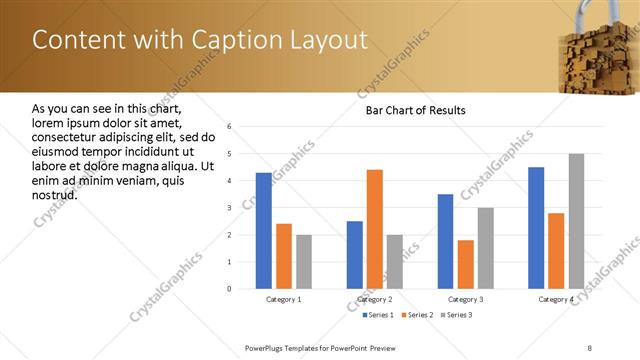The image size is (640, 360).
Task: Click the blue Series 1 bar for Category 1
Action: pyautogui.click(x=264, y=231)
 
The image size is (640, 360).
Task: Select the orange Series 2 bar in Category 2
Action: pyautogui.click(x=375, y=229)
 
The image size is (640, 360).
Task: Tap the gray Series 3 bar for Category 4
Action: pyautogui.click(x=576, y=221)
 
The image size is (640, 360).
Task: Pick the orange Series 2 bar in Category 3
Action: pyautogui.click(x=466, y=264)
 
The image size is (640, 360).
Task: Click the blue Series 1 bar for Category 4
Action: pyautogui.click(x=536, y=228)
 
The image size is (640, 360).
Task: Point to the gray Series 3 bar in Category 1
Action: pyautogui.click(x=304, y=262)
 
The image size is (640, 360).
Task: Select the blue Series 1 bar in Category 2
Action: pyautogui.click(x=355, y=255)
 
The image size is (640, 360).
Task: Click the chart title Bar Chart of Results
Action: pyautogui.click(x=415, y=110)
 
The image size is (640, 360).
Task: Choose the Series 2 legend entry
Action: pyautogui.click(x=417, y=315)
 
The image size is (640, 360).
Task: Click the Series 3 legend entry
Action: pyautogui.click(x=457, y=315)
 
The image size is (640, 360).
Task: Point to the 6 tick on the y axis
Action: pyautogui.click(x=229, y=127)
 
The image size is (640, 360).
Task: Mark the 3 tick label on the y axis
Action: pyautogui.click(x=229, y=208)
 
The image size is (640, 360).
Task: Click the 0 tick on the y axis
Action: pyautogui.click(x=229, y=289)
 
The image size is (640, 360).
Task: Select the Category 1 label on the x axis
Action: pyautogui.click(x=283, y=299)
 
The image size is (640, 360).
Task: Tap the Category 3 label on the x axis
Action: pyautogui.click(x=465, y=299)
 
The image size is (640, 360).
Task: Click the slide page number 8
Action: pyautogui.click(x=590, y=347)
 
